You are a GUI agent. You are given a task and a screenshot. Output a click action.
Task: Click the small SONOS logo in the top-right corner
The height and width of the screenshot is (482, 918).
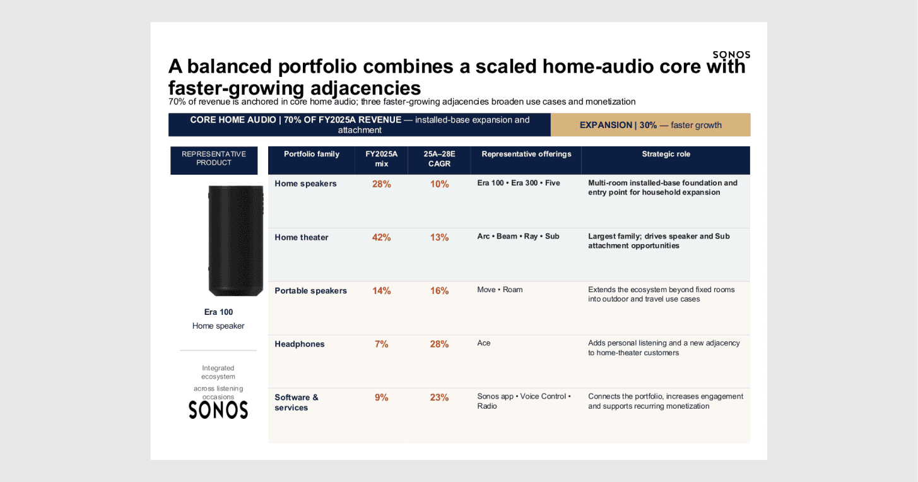click(731, 54)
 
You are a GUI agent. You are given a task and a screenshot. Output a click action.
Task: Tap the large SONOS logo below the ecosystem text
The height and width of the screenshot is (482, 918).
click(218, 410)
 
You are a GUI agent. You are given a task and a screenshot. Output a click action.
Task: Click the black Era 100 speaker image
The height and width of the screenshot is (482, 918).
click(235, 240)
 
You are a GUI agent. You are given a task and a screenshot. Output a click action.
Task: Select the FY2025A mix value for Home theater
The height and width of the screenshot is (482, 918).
click(381, 237)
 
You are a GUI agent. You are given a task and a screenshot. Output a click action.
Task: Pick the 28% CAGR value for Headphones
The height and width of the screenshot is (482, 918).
click(439, 344)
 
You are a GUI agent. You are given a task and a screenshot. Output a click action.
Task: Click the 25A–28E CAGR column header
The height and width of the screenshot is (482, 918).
click(439, 158)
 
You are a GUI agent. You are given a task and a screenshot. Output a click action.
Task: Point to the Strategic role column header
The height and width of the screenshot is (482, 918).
click(666, 154)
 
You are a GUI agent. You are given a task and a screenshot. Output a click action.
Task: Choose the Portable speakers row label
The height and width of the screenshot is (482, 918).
click(310, 291)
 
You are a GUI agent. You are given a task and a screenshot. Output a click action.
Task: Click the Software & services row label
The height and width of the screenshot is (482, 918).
click(297, 402)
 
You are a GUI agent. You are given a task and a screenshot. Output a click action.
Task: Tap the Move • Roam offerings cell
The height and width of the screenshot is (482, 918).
click(500, 290)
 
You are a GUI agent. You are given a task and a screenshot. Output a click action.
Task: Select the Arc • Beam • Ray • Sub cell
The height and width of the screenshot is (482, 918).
click(518, 237)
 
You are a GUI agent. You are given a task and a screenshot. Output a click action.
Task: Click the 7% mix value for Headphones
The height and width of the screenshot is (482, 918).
click(381, 344)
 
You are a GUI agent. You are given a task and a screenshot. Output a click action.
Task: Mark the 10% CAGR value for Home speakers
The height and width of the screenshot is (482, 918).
click(439, 184)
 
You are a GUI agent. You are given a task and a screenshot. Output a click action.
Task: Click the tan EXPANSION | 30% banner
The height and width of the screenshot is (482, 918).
click(650, 124)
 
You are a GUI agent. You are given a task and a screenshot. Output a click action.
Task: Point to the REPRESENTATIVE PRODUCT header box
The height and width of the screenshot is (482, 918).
click(214, 160)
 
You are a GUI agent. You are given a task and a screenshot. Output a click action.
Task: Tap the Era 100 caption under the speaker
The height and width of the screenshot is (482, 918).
click(218, 312)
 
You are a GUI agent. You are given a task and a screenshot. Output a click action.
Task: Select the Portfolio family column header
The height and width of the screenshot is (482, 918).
click(312, 154)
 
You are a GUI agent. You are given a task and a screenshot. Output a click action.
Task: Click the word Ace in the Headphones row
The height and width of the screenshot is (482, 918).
click(483, 343)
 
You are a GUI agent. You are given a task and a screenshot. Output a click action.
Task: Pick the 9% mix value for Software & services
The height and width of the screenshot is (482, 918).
click(381, 397)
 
